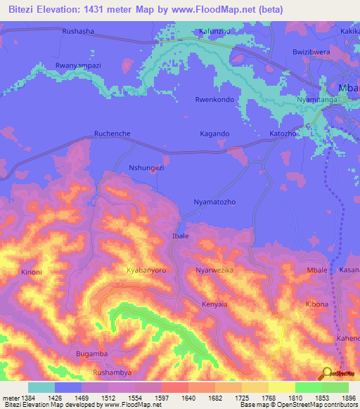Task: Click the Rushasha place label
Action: [x=78, y=32]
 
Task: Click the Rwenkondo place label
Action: [x=214, y=99]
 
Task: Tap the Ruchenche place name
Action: [x=113, y=133]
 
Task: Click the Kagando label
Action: [x=214, y=134]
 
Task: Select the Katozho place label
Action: [x=284, y=133]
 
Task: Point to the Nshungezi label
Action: [x=147, y=168]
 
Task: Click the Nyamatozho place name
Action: [x=214, y=202]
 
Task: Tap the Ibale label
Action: [x=181, y=236]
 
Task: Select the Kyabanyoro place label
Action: [x=146, y=270]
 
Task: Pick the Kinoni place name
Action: [x=32, y=272]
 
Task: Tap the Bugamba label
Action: [x=91, y=354]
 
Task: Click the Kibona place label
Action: [x=316, y=304]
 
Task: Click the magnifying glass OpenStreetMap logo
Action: [x=326, y=372]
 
